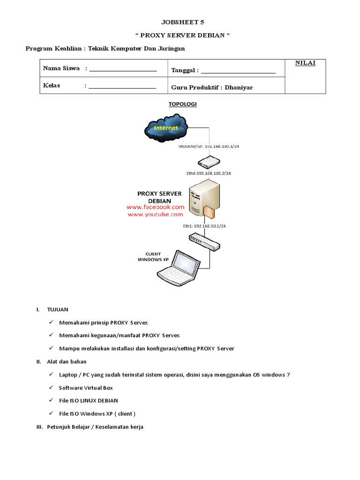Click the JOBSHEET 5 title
183,22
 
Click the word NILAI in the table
305,63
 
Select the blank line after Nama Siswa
122,70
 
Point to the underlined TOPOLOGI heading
183,104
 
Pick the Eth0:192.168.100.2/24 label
208,173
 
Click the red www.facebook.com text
155,207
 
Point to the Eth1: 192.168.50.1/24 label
204,226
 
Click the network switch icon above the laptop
204,241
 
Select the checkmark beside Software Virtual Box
51,388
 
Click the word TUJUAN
58,310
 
